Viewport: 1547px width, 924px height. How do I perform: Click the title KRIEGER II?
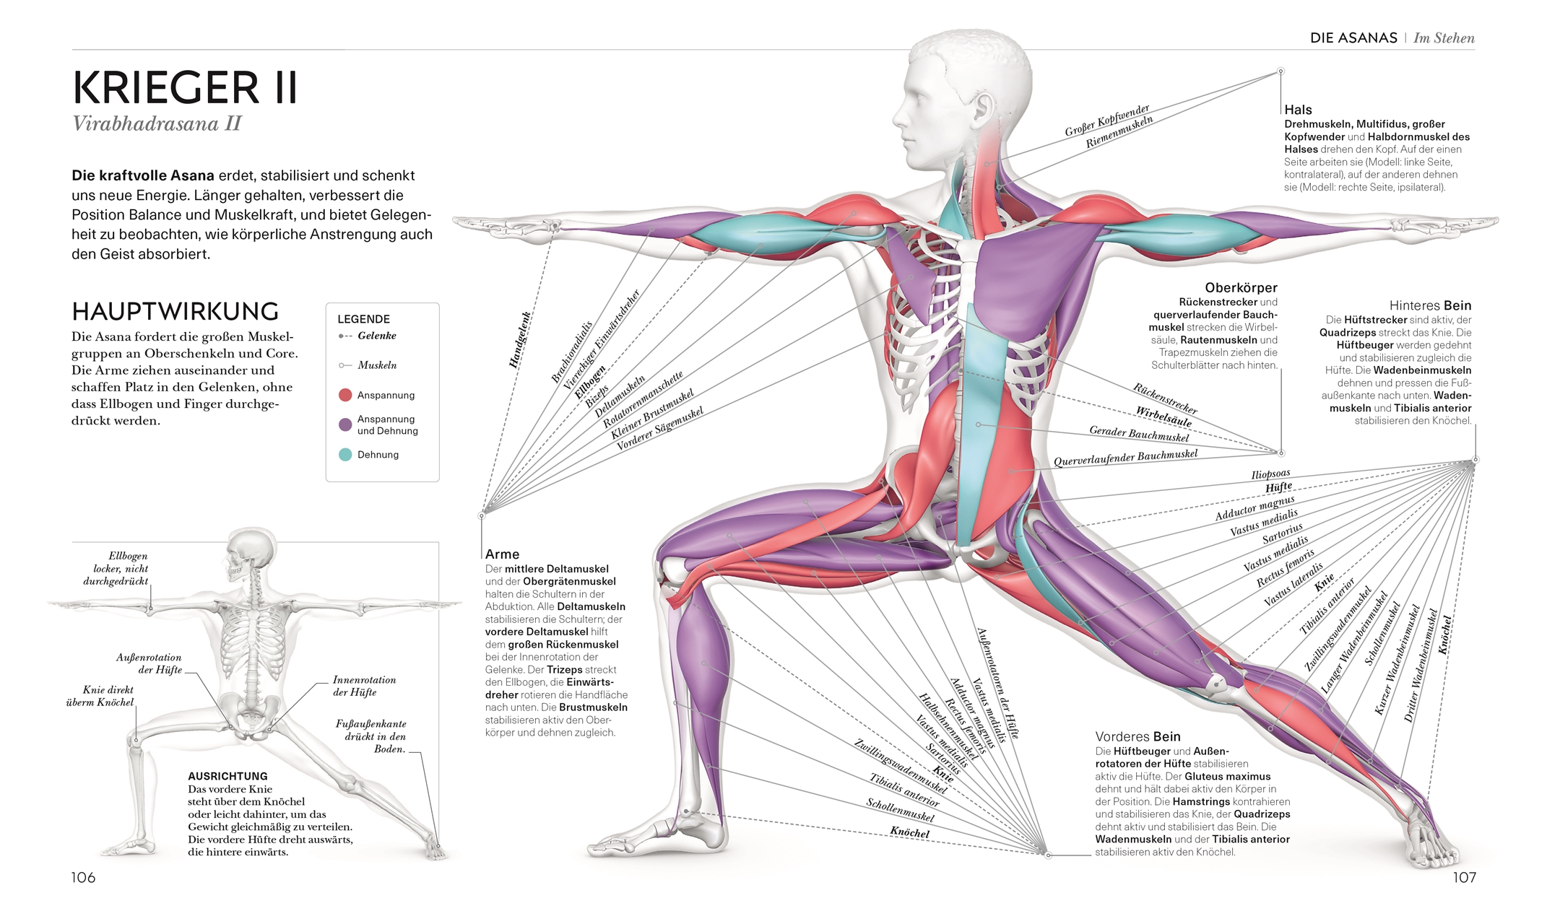tap(185, 88)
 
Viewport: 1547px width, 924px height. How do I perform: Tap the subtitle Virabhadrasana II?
tap(157, 124)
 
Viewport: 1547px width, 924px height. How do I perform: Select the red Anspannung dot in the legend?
tap(345, 395)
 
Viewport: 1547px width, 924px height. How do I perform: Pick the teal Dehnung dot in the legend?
tap(345, 455)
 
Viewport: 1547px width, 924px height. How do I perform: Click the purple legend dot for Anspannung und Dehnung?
tap(345, 424)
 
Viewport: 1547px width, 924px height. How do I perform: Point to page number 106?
tap(83, 877)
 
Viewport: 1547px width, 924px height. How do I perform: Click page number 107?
tap(1464, 877)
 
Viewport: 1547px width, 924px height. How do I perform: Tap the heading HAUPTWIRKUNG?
tap(175, 312)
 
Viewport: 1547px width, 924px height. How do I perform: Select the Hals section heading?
tap(1298, 110)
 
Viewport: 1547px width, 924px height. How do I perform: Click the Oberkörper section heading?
tap(1241, 287)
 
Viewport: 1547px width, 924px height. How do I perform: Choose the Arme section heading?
tap(502, 554)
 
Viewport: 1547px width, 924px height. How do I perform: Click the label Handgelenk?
tap(520, 340)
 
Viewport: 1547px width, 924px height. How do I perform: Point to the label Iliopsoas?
tap(1270, 474)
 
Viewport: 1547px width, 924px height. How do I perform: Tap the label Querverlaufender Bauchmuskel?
tap(1125, 458)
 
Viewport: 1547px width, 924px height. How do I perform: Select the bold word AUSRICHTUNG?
tap(227, 776)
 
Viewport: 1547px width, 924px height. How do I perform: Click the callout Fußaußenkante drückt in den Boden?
tap(370, 736)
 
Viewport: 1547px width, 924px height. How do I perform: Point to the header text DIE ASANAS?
tap(1353, 38)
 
